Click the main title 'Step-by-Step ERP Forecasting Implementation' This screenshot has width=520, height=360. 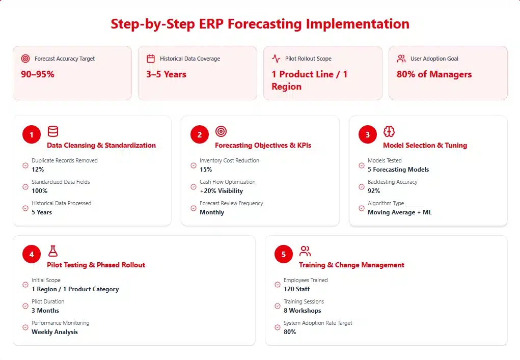tap(260, 24)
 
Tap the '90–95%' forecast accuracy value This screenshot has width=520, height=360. tap(38, 74)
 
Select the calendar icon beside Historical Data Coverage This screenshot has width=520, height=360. tap(150, 59)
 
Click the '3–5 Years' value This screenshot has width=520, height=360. tap(166, 74)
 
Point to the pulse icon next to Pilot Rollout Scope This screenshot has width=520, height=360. tap(276, 59)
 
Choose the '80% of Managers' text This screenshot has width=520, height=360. tap(434, 74)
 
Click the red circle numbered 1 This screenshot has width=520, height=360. tap(32, 135)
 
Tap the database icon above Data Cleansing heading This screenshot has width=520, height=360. tap(53, 132)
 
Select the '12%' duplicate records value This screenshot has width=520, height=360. tap(38, 170)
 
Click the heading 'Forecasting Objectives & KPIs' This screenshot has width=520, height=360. tap(263, 145)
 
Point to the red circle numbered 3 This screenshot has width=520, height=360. tap(368, 135)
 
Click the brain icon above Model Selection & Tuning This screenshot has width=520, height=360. tap(389, 132)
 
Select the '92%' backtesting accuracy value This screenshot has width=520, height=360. tap(374, 191)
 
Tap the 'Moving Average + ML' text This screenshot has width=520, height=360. tap(399, 212)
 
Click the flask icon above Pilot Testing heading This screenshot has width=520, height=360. tap(53, 251)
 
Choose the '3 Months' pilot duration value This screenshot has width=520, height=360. tap(45, 311)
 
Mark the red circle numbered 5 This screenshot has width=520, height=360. tap(284, 255)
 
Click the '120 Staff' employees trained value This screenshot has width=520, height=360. tap(296, 289)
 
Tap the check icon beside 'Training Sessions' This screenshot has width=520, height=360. tap(278, 306)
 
